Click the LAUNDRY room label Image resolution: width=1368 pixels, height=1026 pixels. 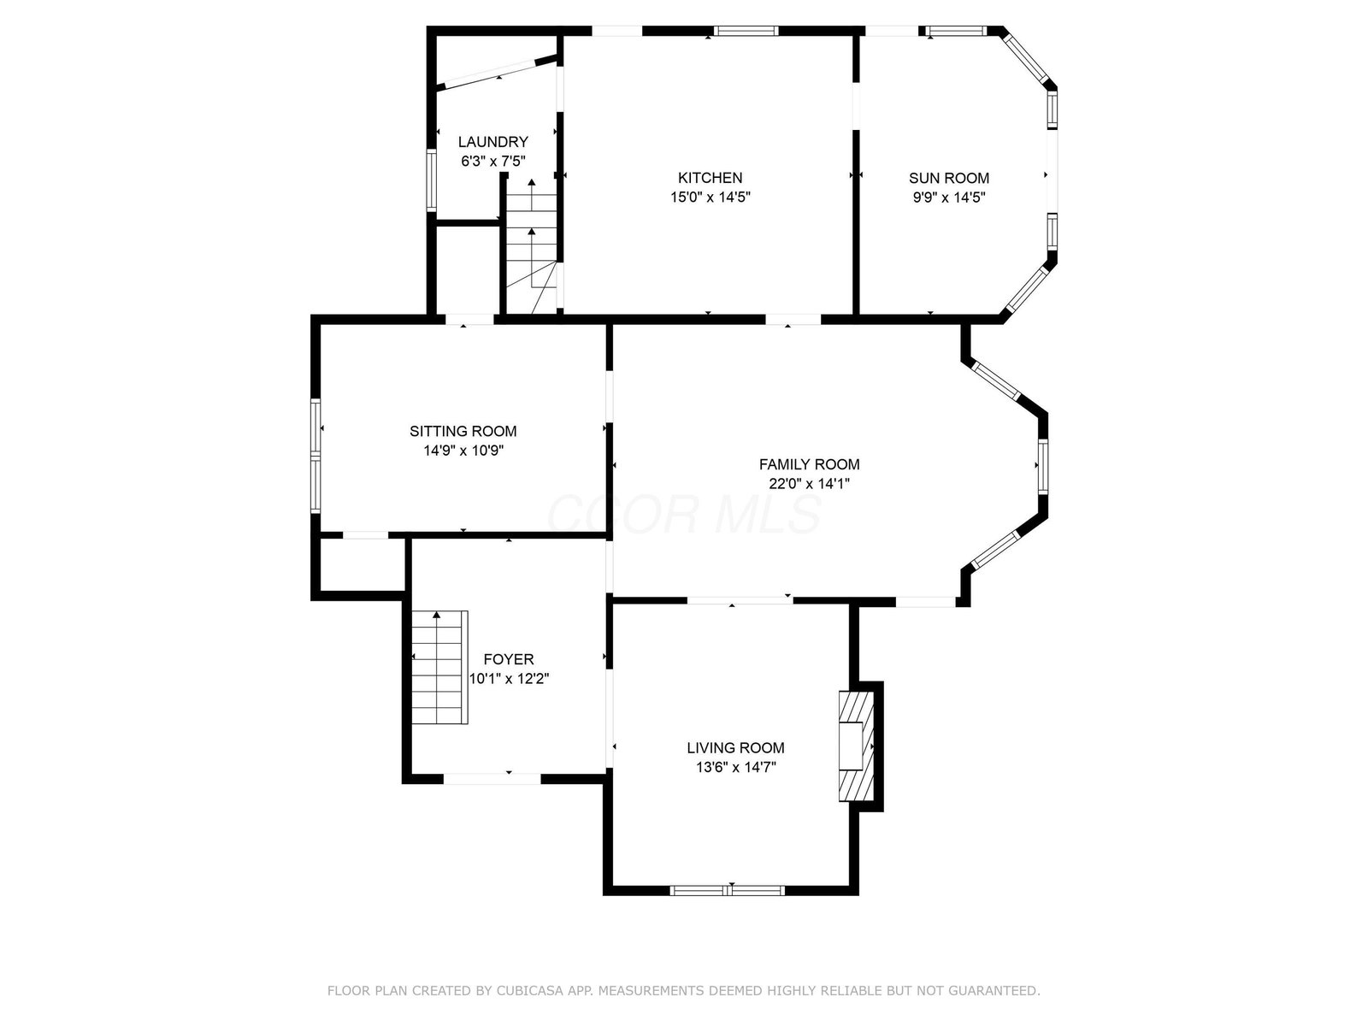tap(493, 142)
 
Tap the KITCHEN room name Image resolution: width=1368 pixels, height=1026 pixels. tap(710, 178)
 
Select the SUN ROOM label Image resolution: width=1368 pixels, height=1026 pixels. tap(948, 178)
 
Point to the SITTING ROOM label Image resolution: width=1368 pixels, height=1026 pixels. tap(463, 431)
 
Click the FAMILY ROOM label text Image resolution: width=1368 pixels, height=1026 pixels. tap(809, 464)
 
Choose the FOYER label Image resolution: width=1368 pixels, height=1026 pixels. tap(509, 659)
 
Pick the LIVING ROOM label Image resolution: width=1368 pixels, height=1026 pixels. tap(735, 747)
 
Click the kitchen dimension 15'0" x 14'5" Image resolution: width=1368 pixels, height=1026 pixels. tap(710, 198)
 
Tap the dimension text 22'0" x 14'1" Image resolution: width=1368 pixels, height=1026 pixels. tap(809, 483)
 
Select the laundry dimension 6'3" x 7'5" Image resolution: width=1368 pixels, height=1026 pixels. tap(493, 162)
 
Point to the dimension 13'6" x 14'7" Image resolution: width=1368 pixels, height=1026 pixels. tap(735, 767)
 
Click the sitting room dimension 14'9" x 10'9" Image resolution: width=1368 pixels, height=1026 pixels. tap(463, 451)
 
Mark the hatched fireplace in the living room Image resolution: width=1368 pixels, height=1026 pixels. tap(857, 746)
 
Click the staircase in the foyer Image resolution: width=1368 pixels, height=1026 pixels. tap(439, 667)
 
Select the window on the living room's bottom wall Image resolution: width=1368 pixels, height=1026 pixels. tap(728, 891)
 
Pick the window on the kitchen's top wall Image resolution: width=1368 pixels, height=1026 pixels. tap(746, 31)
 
